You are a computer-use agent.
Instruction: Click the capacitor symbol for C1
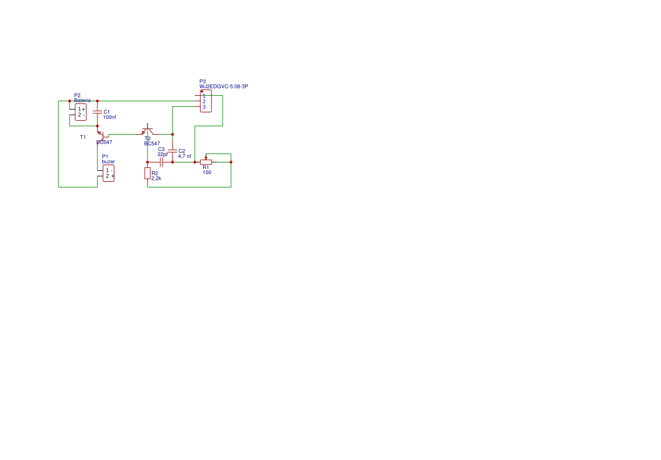tap(97, 112)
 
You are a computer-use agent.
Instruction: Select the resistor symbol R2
tap(147, 173)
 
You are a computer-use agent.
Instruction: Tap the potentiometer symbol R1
tap(206, 161)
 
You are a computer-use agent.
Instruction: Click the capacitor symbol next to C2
tap(172, 151)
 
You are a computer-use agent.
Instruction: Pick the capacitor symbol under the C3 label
tap(161, 162)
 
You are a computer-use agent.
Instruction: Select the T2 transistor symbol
tap(147, 131)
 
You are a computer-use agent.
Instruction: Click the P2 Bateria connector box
tap(81, 112)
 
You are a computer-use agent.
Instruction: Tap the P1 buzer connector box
tap(108, 173)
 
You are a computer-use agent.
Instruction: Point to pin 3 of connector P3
tap(204, 107)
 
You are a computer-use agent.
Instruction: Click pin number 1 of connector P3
tap(204, 96)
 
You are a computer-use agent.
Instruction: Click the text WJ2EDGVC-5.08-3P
tap(224, 86)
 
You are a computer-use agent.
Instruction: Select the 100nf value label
tap(110, 117)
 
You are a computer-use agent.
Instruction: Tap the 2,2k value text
tap(156, 178)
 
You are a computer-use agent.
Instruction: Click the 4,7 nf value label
tap(185, 156)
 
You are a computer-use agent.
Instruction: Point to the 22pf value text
tap(162, 154)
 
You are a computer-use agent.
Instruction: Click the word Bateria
tap(82, 100)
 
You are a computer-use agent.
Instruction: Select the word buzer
tap(108, 161)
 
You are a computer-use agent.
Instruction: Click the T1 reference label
tap(83, 137)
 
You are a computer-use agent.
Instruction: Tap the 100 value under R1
tap(207, 172)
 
